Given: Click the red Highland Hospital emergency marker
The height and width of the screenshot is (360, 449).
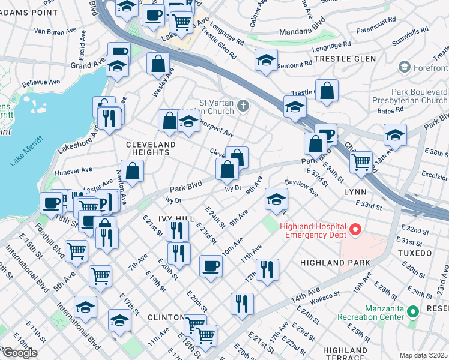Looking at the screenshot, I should (355, 229).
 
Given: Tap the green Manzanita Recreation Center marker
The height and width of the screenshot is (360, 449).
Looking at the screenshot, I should (412, 311).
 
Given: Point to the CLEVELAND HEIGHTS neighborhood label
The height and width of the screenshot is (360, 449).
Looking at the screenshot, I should (151, 149).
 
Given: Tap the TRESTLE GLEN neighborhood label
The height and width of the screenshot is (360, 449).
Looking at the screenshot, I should (345, 59).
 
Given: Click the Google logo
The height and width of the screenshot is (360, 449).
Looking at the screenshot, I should (19, 353).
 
